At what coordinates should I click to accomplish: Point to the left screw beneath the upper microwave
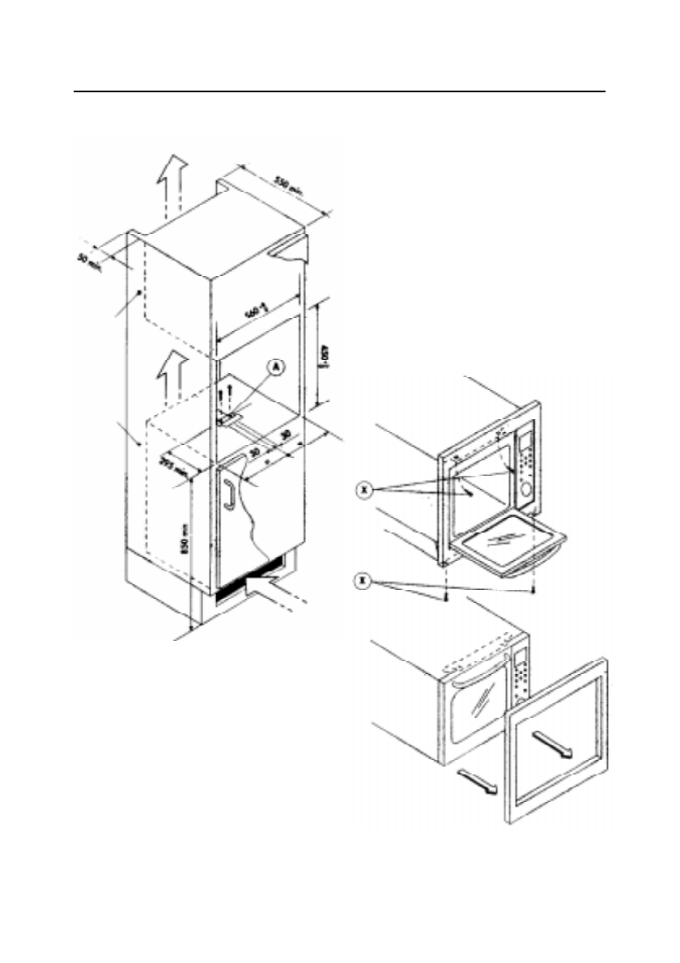coord(445,595)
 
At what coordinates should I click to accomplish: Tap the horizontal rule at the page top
coord(340,91)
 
